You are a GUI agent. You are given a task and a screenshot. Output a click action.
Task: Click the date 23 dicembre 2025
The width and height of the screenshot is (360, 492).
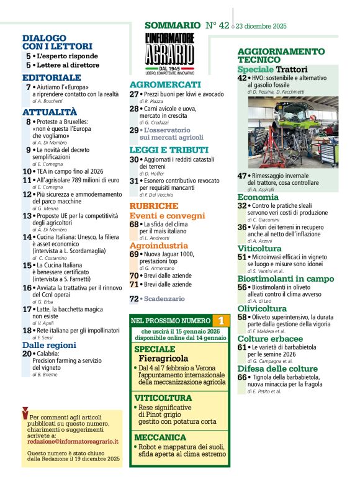point(261,26)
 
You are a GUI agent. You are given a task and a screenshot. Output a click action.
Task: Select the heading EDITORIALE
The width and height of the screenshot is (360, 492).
point(52,77)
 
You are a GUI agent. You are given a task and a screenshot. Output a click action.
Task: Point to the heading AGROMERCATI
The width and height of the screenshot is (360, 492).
point(165,84)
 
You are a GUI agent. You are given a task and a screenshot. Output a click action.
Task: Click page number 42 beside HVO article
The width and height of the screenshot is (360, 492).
point(242,78)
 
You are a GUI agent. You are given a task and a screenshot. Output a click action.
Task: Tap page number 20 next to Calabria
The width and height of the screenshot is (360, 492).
point(27,354)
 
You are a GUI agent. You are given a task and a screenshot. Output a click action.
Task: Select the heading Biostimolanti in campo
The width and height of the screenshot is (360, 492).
point(286,279)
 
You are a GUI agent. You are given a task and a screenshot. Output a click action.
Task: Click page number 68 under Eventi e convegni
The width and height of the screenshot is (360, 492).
point(134,224)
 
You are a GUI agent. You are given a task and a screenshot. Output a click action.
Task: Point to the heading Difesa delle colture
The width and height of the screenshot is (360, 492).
point(277,368)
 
